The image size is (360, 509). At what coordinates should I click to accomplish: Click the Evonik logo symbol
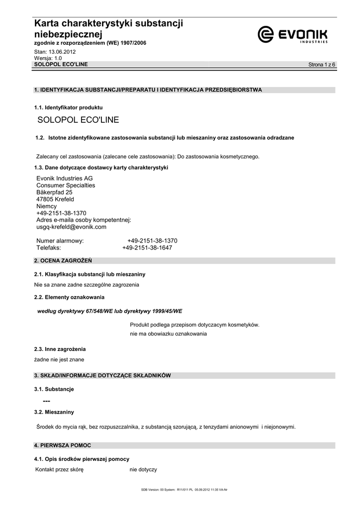coord(266,34)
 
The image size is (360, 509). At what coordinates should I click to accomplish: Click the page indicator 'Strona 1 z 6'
coord(322,65)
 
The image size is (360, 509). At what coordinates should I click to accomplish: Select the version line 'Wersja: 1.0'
coord(48,58)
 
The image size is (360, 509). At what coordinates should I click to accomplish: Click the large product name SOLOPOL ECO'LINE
coord(78,120)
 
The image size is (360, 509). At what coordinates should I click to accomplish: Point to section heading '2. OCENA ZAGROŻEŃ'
coord(63,260)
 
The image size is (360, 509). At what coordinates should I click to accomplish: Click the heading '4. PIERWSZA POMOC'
coord(62,445)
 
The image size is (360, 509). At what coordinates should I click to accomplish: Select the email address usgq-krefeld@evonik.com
coord(72,227)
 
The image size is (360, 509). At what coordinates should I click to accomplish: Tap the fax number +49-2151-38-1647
coord(147,248)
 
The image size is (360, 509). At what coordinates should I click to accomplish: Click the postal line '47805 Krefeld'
coord(55,199)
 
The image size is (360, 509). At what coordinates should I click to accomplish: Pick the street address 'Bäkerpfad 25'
coord(54,192)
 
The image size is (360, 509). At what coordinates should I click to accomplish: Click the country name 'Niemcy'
coord(47,206)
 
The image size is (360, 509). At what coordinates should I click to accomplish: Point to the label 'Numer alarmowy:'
coord(60,241)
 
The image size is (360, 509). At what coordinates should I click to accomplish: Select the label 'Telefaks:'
coord(49,248)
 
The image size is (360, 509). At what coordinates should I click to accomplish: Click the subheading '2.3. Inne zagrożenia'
coord(60,349)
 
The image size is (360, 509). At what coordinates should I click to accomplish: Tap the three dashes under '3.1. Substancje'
coord(46,401)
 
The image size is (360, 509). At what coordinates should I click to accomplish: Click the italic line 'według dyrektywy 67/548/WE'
coord(110,311)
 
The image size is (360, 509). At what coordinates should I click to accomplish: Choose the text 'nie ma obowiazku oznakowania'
coord(168,334)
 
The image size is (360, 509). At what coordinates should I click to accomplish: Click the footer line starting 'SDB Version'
coord(184,490)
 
